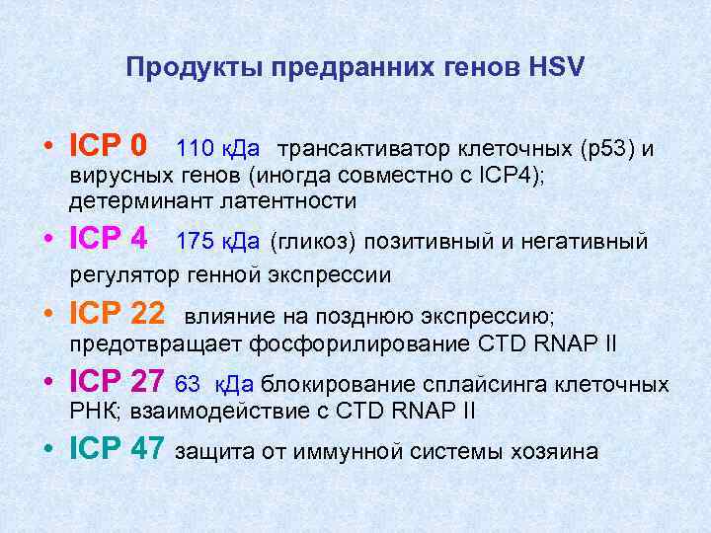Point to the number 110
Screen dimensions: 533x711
(x=195, y=149)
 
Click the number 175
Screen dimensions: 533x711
(x=195, y=241)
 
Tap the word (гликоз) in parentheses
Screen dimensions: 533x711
(x=305, y=241)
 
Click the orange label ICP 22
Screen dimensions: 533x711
(x=118, y=314)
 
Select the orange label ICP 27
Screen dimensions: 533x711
(x=118, y=383)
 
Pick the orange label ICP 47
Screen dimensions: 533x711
(x=118, y=450)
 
